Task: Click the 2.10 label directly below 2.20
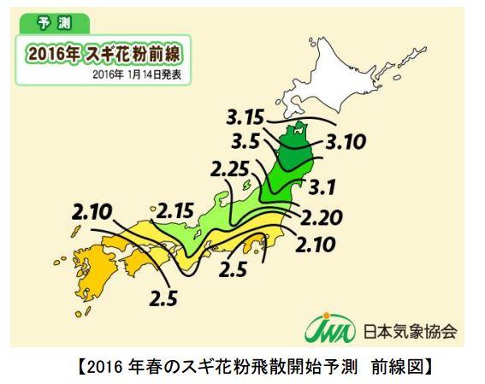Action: (317, 247)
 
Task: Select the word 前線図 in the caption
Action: (400, 368)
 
